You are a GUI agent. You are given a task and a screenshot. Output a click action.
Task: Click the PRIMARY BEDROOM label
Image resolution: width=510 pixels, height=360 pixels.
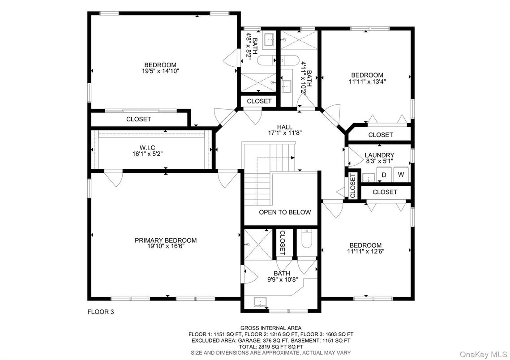click(x=166, y=240)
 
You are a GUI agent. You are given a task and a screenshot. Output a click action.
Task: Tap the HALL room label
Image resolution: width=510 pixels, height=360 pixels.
click(x=285, y=127)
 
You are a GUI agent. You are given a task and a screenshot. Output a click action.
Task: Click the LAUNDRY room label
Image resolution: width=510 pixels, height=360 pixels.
click(x=379, y=155)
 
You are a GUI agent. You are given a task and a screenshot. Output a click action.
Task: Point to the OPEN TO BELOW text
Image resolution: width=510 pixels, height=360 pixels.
click(x=285, y=212)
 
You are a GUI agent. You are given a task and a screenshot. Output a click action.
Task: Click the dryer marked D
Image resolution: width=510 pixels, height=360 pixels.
click(x=384, y=175)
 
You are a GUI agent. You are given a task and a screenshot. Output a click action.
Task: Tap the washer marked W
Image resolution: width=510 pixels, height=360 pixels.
click(x=401, y=175)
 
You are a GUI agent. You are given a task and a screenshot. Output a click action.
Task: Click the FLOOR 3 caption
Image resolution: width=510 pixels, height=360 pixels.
click(x=101, y=312)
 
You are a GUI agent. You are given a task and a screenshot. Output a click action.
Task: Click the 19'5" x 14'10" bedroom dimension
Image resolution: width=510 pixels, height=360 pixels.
click(x=160, y=71)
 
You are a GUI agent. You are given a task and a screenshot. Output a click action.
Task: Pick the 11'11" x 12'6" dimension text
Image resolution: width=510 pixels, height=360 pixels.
click(x=365, y=251)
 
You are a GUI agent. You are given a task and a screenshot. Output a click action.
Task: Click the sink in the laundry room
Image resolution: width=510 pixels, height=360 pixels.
click(x=369, y=178)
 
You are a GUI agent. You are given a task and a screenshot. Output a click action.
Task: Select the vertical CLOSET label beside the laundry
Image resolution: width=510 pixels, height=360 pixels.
click(x=353, y=185)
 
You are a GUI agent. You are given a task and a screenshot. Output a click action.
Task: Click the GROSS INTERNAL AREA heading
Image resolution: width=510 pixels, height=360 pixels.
click(x=271, y=328)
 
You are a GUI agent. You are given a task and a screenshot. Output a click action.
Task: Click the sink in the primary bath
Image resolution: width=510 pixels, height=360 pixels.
click(x=260, y=302)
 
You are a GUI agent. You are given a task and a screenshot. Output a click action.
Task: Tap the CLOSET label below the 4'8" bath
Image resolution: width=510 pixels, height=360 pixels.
click(x=259, y=101)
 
